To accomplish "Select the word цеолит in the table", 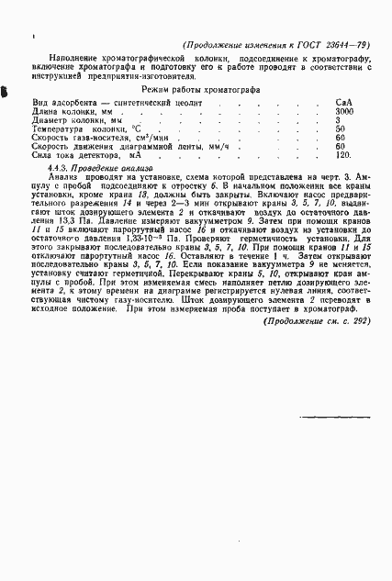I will point(192,103).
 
